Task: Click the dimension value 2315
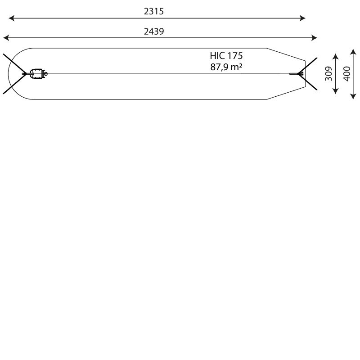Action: point(154,11)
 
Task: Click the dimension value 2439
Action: point(154,31)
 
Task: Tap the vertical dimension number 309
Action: point(328,74)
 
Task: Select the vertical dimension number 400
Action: point(346,74)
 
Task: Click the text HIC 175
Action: point(226,56)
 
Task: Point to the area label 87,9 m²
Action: point(226,67)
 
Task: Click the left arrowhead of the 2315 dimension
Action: point(11,18)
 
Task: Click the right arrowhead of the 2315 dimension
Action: point(302,18)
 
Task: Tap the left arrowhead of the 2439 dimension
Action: point(6,38)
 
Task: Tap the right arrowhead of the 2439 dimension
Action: point(314,38)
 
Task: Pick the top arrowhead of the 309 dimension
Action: point(336,57)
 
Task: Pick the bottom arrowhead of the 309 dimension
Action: point(336,91)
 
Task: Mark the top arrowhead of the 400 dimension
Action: point(353,51)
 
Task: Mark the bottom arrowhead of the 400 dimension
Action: point(353,96)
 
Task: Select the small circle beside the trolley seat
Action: point(46,74)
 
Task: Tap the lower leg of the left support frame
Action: point(15,84)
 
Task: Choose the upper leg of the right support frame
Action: point(308,65)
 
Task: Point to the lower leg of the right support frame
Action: point(308,82)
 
